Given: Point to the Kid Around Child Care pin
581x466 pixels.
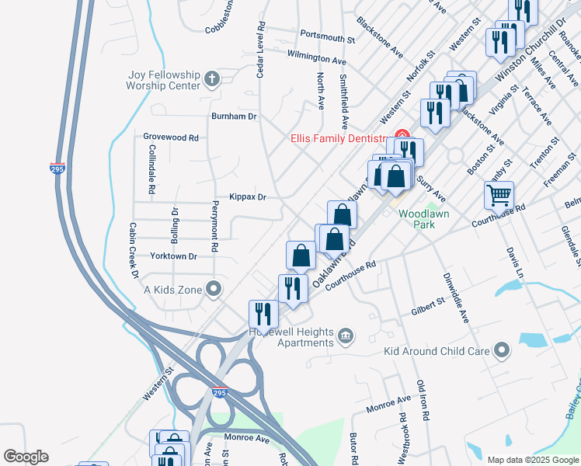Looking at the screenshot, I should coord(503,350).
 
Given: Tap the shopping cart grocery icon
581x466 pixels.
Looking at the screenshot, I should coord(499,195).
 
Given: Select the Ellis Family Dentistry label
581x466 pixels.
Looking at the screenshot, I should coord(339,139).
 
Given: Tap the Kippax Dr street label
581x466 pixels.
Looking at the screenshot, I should coord(248,197).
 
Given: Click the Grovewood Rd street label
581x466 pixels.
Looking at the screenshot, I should coord(171,137).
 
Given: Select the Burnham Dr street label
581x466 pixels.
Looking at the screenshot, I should coord(234,116).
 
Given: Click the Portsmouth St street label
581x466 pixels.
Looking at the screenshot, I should coord(327,37).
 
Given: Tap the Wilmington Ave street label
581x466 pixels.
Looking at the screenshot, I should coord(316,58).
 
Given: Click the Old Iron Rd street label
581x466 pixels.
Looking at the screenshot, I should coord(423,401).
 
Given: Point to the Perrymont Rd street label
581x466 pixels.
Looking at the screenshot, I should coord(215,219).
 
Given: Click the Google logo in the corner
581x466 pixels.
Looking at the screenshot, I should coord(26,457).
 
